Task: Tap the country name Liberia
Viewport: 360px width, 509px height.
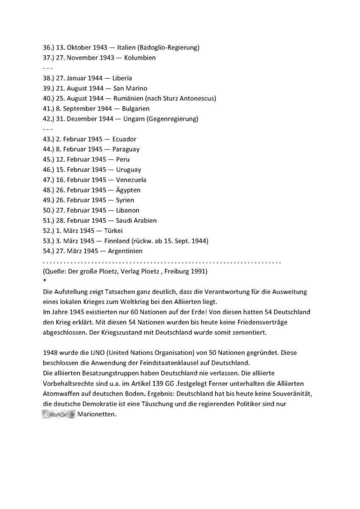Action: pos(121,78)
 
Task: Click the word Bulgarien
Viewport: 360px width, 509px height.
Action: pos(135,109)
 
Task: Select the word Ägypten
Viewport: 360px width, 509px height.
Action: pos(128,190)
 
